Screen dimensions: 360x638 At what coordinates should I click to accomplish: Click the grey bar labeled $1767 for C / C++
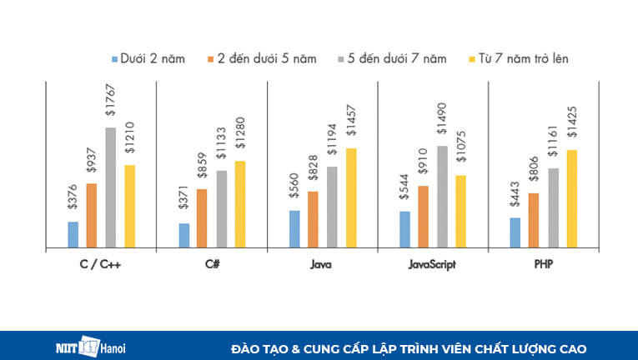[110, 187]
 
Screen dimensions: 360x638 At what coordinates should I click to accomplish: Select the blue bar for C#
[183, 235]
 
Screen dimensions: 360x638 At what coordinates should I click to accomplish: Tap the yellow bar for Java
[350, 197]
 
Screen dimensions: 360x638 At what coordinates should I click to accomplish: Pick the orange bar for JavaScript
[424, 217]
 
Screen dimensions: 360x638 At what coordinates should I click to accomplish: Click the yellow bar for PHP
[571, 198]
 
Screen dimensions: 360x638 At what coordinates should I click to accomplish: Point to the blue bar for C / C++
[73, 234]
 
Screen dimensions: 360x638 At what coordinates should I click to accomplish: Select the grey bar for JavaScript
[442, 197]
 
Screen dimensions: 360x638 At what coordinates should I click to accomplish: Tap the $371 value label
[183, 202]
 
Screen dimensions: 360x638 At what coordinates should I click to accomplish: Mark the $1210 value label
[129, 140]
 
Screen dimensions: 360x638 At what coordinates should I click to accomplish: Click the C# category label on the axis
[212, 263]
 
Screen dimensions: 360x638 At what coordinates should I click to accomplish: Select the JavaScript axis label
[432, 263]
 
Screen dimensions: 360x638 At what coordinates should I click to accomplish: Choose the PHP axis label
[543, 263]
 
